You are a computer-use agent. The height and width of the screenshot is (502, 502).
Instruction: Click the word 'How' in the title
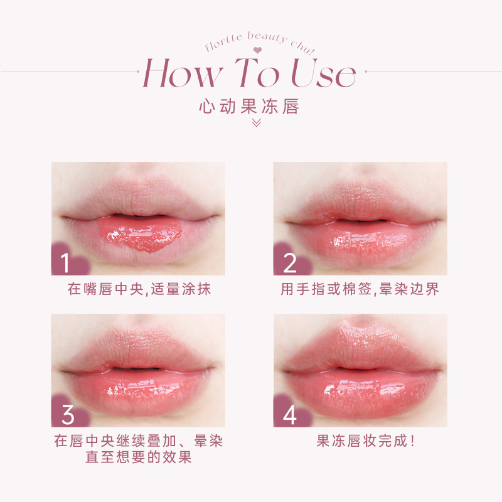coord(183,73)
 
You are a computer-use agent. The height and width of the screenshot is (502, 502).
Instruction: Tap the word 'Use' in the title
coord(323,73)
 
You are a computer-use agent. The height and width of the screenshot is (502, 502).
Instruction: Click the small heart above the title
coord(257,50)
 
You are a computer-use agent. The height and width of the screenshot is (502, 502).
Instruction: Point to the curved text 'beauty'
coord(267,38)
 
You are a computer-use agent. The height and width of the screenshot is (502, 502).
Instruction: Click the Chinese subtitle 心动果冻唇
coord(249,106)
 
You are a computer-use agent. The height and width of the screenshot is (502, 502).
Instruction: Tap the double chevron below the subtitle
coord(257,122)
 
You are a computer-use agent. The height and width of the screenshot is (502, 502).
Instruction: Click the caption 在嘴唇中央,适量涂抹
coord(139,289)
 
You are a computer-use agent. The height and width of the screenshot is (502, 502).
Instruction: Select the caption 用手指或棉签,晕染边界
coord(360,289)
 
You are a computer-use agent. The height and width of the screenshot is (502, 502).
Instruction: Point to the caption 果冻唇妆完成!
coord(365,441)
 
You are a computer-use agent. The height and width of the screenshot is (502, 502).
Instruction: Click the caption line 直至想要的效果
coord(138,457)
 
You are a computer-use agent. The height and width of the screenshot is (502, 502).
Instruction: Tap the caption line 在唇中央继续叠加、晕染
coord(138,441)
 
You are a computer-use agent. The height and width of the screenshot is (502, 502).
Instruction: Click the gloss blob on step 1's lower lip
coord(140,233)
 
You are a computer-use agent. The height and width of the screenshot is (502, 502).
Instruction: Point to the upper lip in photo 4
coord(362,348)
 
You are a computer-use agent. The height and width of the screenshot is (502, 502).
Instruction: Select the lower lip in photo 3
coord(139,392)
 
